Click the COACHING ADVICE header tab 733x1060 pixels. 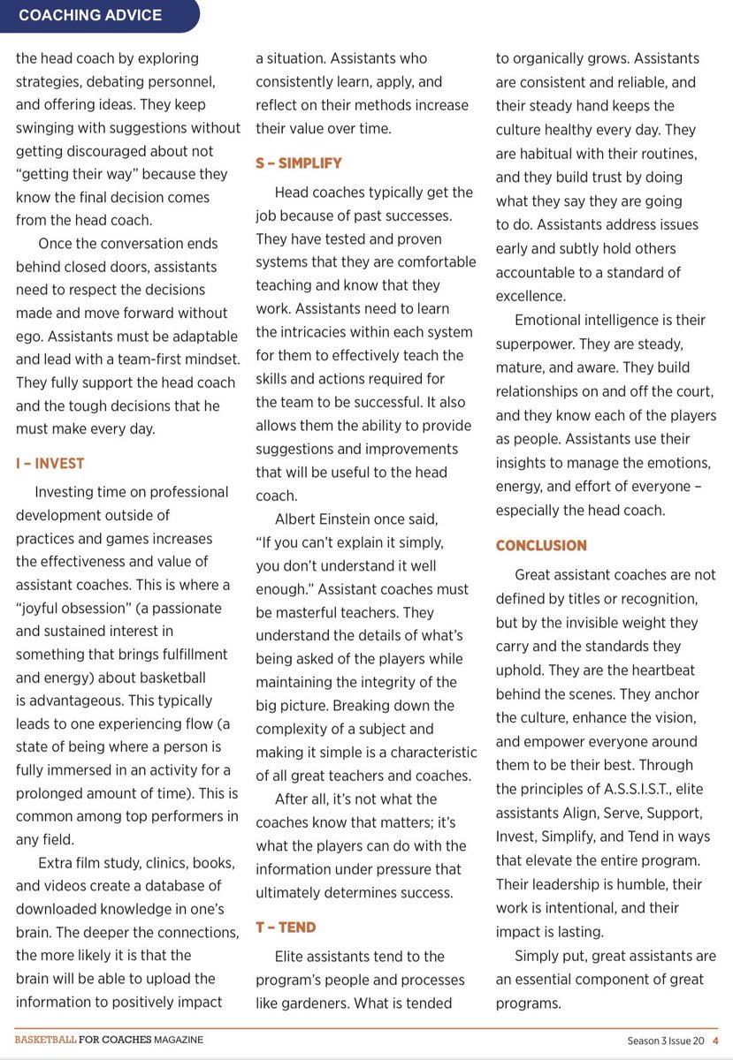pyautogui.click(x=90, y=15)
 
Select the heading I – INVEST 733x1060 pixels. pyautogui.click(x=50, y=463)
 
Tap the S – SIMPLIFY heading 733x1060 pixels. pyautogui.click(x=299, y=163)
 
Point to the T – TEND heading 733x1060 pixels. pyautogui.click(x=286, y=927)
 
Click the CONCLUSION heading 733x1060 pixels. pyautogui.click(x=541, y=546)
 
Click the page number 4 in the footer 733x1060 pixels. pyautogui.click(x=714, y=1040)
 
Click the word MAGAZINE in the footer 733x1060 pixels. pyautogui.click(x=176, y=1040)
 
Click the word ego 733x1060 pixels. pyautogui.click(x=29, y=336)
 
